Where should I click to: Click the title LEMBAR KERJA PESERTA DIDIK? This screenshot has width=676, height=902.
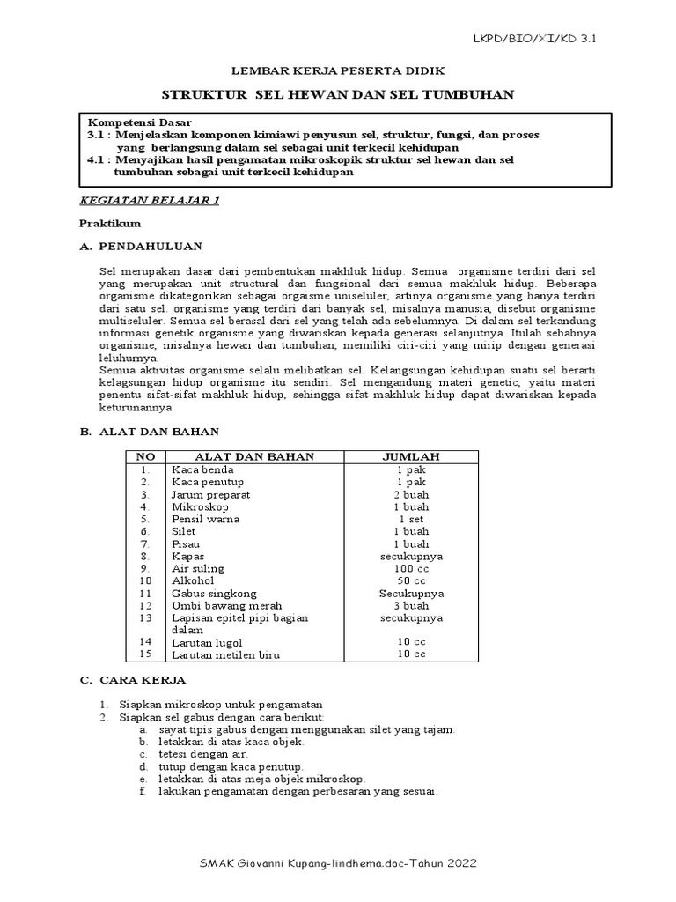(338, 70)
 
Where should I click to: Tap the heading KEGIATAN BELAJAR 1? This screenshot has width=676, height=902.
(150, 201)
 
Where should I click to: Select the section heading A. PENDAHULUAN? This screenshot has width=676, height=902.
(141, 246)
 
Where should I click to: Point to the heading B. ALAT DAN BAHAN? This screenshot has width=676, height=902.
(150, 432)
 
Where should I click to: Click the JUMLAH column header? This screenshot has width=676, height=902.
(411, 456)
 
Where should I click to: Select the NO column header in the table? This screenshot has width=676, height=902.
(144, 456)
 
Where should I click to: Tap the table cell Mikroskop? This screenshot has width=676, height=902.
(200, 507)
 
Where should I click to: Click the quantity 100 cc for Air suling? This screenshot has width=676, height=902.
(411, 569)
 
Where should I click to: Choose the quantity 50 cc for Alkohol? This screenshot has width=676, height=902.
(411, 581)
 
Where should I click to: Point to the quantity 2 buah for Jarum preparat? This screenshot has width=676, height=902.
(411, 495)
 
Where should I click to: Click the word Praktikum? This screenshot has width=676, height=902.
(108, 224)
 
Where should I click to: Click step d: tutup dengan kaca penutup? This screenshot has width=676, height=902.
(231, 767)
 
